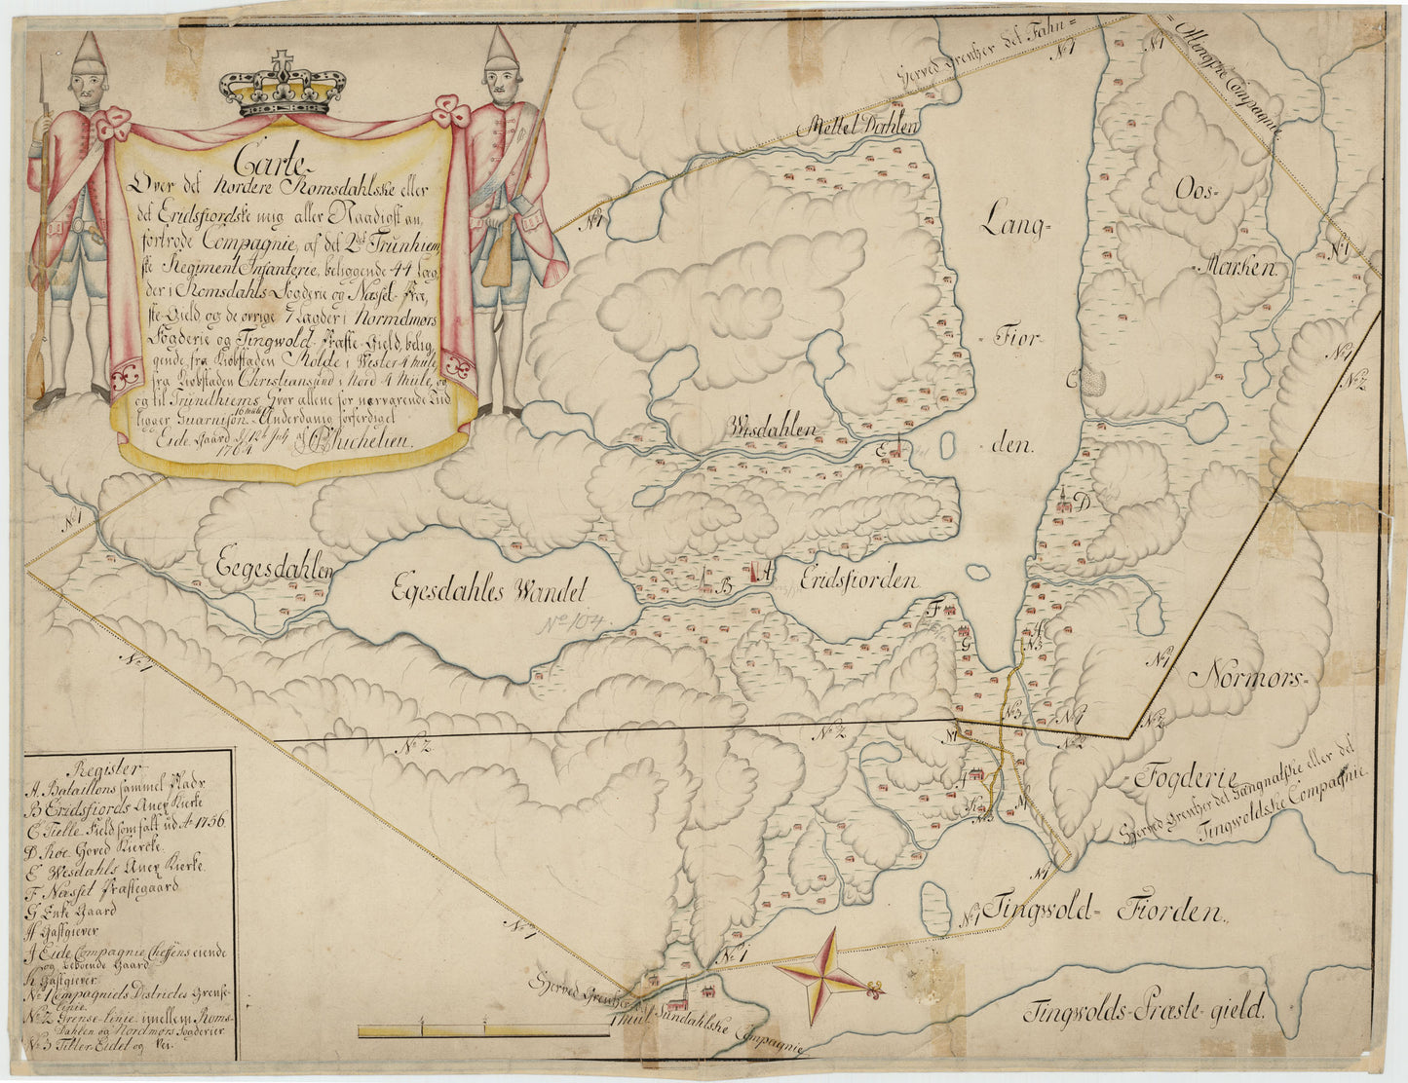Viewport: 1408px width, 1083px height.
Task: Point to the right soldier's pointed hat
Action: pos(503,49)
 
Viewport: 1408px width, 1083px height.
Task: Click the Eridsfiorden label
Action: pos(858,580)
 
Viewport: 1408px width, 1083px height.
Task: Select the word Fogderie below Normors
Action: pos(1184,778)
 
